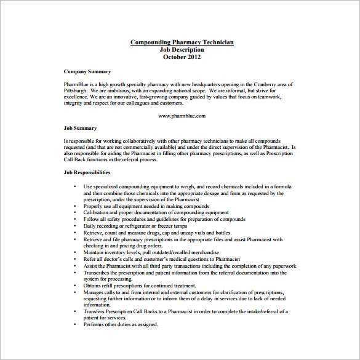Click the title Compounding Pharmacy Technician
coord(182,42)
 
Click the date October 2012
coord(182,57)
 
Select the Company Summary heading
coord(87,72)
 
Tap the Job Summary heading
coord(80,128)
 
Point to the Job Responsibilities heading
coord(87,172)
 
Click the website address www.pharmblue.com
coord(182,116)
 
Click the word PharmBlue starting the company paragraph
coord(76,84)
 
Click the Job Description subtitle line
coord(182,50)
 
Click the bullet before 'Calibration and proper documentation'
coord(75,212)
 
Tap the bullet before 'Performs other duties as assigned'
coord(75,324)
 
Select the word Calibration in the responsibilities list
coord(97,212)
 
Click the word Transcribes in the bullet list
coord(97,273)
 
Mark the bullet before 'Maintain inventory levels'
coord(75,252)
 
